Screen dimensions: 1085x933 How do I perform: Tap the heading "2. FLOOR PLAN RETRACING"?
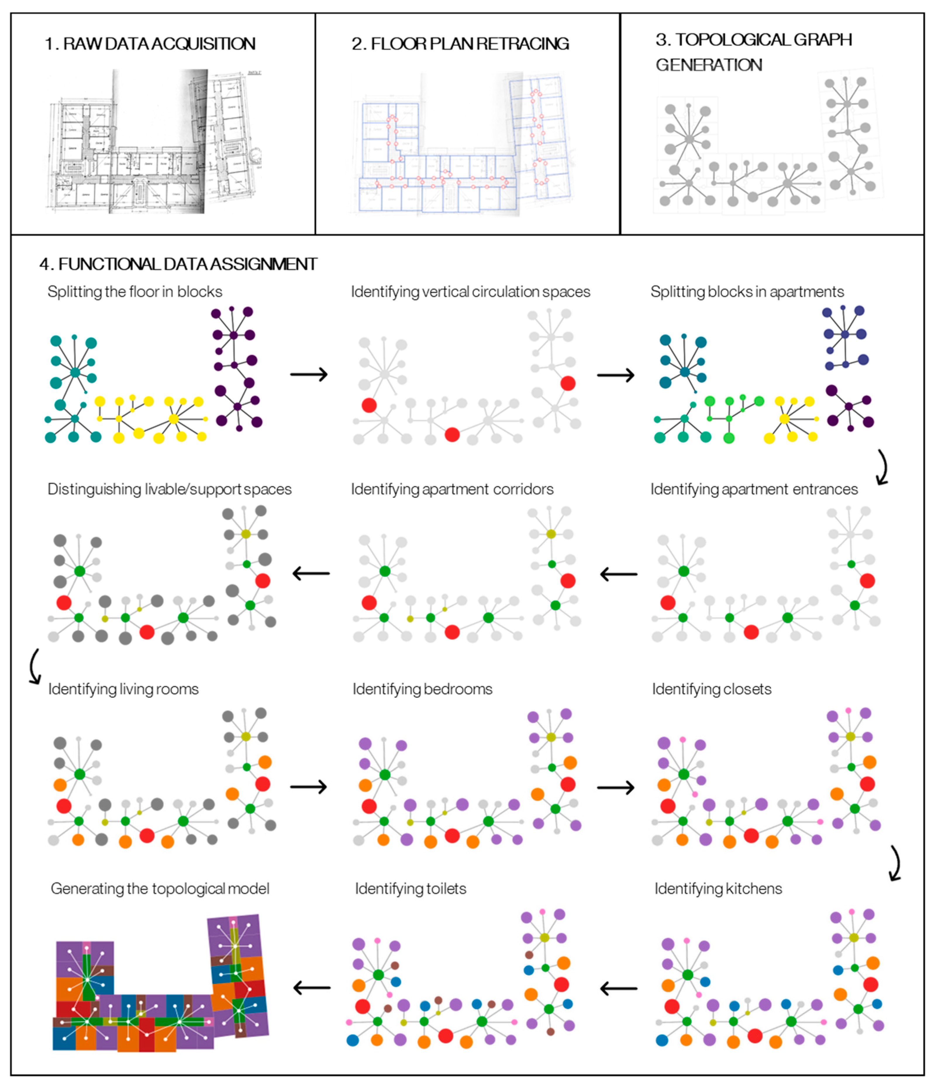coord(460,44)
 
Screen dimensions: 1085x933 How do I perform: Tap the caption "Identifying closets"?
coord(712,689)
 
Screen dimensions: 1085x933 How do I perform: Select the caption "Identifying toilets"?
coord(411,889)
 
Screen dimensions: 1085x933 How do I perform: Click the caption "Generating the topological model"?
coord(160,889)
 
